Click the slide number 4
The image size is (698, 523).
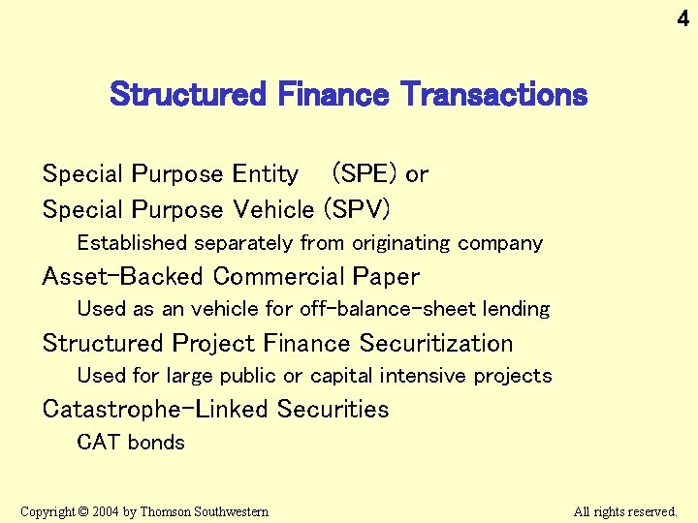[x=682, y=18]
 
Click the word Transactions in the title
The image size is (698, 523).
[x=494, y=95]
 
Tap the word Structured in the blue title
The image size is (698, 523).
[x=187, y=95]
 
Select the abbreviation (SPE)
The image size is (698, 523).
[x=365, y=174]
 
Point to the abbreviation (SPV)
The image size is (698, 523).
[x=357, y=209]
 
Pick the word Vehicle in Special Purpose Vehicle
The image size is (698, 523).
[x=273, y=209]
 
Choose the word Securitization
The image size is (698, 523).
[x=436, y=343]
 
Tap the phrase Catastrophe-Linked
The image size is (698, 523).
[x=155, y=409]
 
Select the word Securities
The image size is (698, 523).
[x=333, y=409]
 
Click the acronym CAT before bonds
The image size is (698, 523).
[x=98, y=443]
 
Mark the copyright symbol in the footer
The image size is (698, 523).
[x=83, y=511]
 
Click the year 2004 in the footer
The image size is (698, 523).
[x=106, y=511]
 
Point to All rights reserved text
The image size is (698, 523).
[x=624, y=511]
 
